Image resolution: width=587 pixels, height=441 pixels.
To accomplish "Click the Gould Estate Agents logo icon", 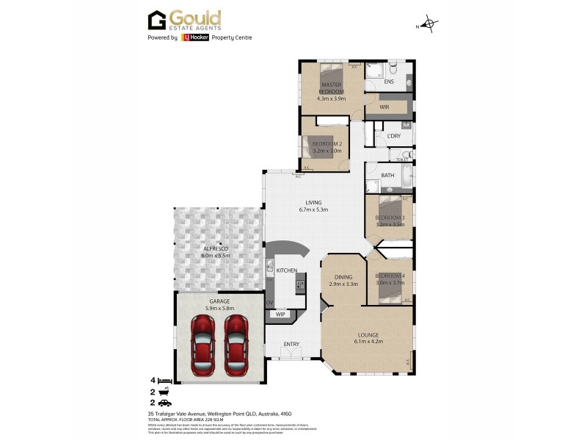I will point(157,20).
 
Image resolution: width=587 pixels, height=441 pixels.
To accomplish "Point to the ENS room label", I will point(389,82).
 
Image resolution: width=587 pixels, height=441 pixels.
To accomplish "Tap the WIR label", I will point(384,107).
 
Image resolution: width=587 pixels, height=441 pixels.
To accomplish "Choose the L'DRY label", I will point(393,136).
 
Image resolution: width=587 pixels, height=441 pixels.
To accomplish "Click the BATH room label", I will point(388,176).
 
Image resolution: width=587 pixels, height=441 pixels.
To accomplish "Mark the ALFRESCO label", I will point(216,249).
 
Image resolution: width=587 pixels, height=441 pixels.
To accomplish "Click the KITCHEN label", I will point(286,270).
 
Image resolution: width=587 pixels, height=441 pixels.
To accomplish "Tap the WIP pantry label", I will point(280,314).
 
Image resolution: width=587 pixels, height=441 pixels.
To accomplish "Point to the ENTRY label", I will point(291,344).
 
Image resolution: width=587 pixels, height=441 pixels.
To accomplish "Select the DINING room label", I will point(343,276).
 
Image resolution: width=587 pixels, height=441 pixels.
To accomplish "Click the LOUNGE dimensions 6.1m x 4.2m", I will point(369,341).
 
